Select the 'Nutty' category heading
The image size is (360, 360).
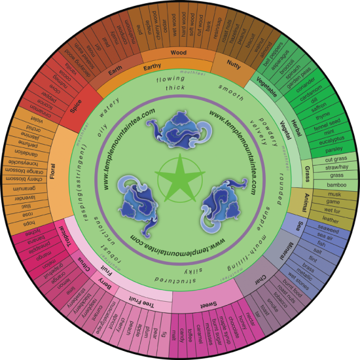tap(234, 64)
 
